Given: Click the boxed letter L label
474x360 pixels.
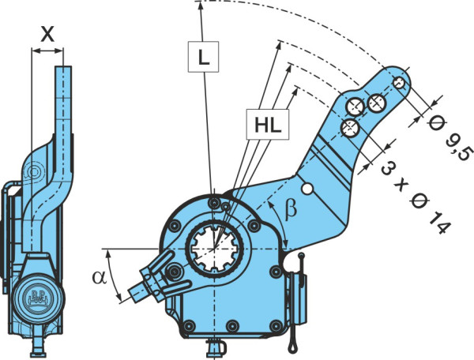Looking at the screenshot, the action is click(x=203, y=57).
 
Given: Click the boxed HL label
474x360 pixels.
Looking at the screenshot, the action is click(x=268, y=125).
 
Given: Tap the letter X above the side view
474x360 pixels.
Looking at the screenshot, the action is click(x=47, y=34).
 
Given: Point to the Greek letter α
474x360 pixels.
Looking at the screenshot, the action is click(x=100, y=277).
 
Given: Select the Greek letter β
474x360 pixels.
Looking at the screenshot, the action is click(x=291, y=208).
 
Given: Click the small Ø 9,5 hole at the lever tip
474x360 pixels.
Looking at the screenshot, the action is click(x=399, y=82).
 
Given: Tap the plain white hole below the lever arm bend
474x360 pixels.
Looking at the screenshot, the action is click(x=307, y=189).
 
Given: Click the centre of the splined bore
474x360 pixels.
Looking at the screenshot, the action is click(x=214, y=248).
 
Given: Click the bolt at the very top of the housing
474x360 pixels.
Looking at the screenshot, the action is click(x=214, y=202).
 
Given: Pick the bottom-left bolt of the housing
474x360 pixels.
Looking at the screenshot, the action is click(x=189, y=325).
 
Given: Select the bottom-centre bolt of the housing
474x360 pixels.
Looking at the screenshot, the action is click(x=232, y=325).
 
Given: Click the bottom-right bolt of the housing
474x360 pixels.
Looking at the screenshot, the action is click(x=276, y=325).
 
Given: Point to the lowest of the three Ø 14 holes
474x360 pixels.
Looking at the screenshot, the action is click(x=350, y=128).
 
